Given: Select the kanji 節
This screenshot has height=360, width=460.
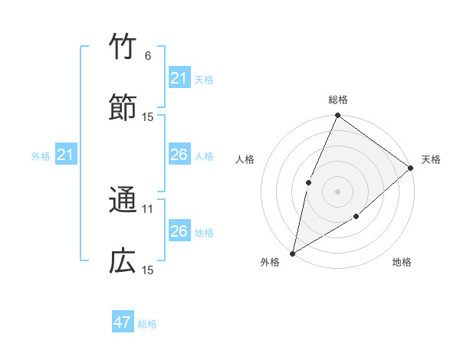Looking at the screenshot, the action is click(x=123, y=107).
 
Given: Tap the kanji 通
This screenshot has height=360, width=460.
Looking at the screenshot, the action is click(x=123, y=201).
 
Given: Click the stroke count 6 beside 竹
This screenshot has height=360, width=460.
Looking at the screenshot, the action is click(x=148, y=56).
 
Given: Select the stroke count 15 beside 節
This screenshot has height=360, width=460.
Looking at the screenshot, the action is click(x=148, y=116).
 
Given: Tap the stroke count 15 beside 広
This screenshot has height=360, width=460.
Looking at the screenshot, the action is click(x=148, y=270).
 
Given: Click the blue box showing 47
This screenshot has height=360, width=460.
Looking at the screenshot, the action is click(x=123, y=322).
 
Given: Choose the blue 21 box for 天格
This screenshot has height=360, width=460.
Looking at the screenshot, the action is click(x=179, y=78).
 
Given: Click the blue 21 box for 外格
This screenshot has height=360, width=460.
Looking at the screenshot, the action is click(x=66, y=155).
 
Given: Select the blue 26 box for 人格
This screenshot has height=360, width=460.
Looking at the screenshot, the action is click(x=179, y=155).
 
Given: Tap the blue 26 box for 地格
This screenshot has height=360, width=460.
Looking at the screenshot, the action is click(x=179, y=231).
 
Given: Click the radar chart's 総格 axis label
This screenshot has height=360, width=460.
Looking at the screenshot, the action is click(x=338, y=100).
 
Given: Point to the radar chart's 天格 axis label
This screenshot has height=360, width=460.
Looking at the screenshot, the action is click(x=431, y=159).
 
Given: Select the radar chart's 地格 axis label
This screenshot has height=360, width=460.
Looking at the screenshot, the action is click(x=402, y=262).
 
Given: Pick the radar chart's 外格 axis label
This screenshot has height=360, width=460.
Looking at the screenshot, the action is click(x=270, y=262).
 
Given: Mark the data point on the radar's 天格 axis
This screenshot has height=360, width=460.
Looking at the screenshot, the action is click(x=411, y=168).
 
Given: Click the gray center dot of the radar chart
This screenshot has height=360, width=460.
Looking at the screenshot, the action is click(x=337, y=191).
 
